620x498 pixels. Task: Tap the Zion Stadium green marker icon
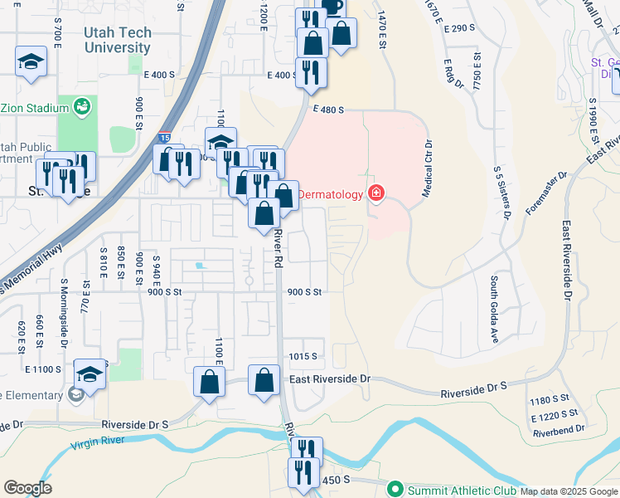pos(82,105)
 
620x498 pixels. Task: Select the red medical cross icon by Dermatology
pos(376,194)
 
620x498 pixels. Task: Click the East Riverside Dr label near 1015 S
pos(329,378)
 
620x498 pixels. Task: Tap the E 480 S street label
pos(328,110)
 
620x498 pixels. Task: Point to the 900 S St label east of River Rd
pos(304,292)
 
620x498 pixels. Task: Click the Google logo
pos(27,488)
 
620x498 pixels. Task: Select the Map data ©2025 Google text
pos(569,491)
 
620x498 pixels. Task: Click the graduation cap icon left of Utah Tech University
pos(31,61)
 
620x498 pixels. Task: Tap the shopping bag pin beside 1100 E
pos(209,383)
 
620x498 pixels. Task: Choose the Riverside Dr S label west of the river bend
pos(135,424)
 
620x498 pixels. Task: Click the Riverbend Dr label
pos(559,430)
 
